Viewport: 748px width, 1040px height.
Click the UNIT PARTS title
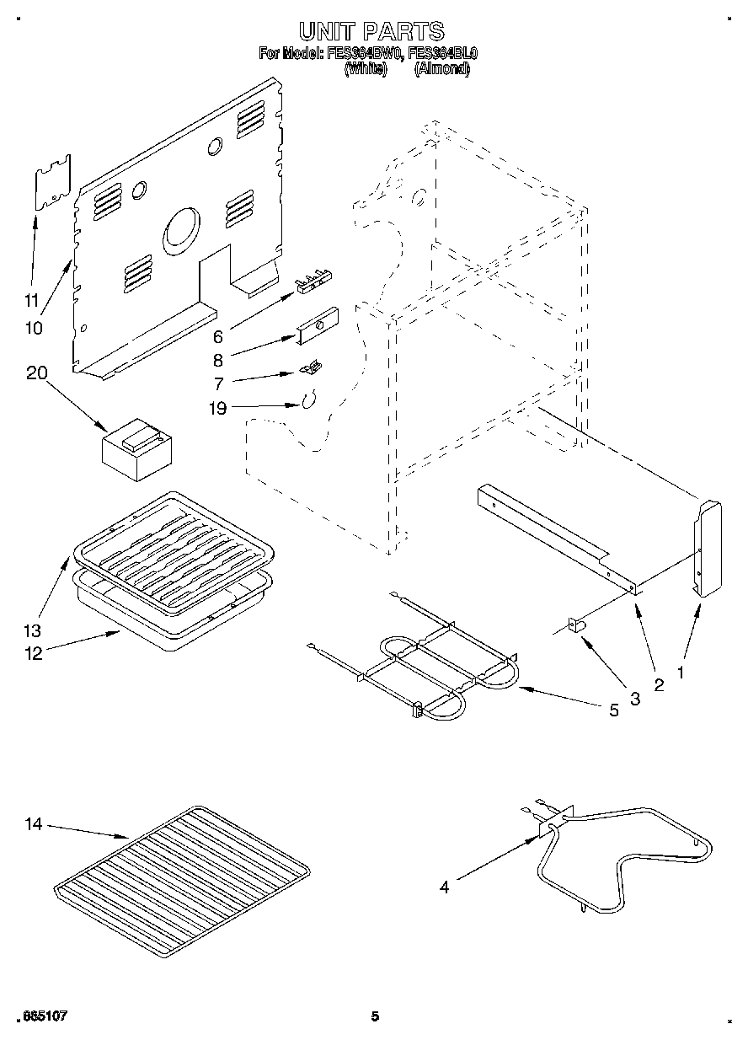coord(371,32)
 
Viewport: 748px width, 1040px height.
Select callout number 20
coord(36,373)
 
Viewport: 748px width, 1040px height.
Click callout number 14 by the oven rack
coord(33,824)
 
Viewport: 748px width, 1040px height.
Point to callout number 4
coord(443,886)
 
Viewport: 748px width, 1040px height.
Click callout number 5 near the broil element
coord(613,710)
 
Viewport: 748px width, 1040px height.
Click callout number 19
coord(217,409)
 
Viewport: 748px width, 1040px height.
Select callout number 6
coord(217,337)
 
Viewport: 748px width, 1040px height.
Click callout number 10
coord(34,328)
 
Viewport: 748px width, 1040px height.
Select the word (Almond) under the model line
coord(441,70)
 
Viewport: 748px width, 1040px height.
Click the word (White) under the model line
coord(365,70)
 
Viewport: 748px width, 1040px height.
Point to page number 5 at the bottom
coord(375,1016)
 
